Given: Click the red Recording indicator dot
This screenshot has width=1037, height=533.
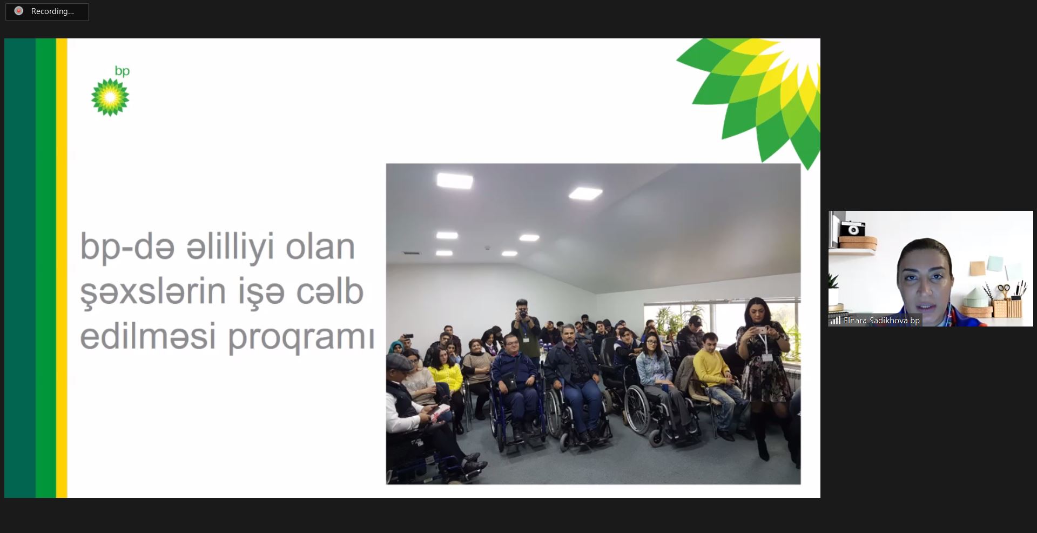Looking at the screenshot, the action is point(19,11).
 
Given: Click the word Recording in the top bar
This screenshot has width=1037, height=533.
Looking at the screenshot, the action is point(52,11).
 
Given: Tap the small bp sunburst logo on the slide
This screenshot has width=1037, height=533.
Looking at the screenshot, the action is point(110,97).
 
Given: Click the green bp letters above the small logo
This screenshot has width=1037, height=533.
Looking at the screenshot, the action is point(122,71).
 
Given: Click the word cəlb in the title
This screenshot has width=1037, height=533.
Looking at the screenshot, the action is point(329,291).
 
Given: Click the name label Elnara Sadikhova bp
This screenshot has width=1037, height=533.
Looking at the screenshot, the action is point(881,321).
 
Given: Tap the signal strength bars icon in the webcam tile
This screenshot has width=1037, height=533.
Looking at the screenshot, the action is point(836,321).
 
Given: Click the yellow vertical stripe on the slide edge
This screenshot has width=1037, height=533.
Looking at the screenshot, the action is point(62,268).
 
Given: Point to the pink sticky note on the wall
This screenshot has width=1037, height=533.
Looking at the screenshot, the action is point(977,268).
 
